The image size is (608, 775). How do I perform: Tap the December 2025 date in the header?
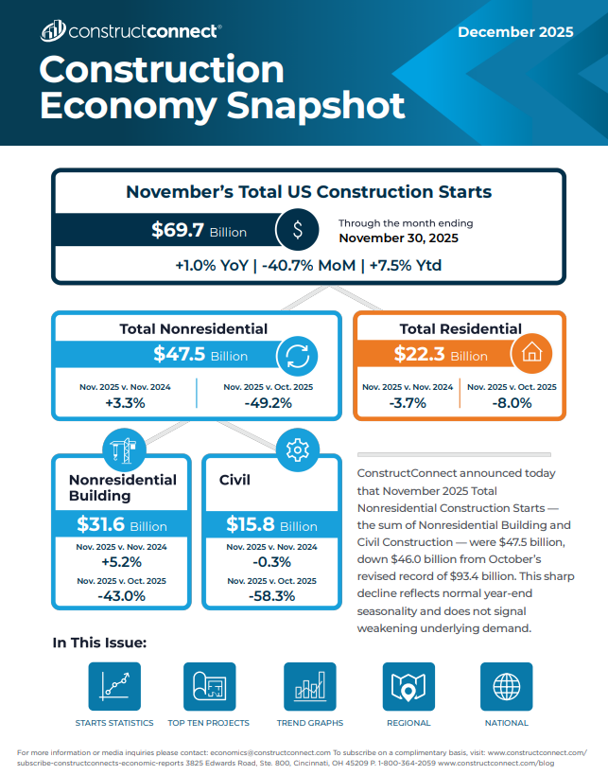point(515,32)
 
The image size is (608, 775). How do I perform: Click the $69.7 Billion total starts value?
point(199,231)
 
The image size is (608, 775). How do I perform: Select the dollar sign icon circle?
point(298,230)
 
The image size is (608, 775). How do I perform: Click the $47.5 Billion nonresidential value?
point(200,356)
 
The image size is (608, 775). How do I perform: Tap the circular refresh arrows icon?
point(296,356)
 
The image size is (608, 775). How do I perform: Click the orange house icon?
point(531,354)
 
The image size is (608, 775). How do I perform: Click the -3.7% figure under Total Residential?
point(408,402)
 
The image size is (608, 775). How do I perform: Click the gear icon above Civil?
point(296,447)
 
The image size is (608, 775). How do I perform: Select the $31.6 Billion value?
point(121,525)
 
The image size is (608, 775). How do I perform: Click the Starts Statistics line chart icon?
point(114,686)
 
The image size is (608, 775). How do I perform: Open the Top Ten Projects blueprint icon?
point(209,686)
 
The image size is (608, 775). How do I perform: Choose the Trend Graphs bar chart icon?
point(310,686)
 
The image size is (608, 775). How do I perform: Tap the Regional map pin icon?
point(408,686)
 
